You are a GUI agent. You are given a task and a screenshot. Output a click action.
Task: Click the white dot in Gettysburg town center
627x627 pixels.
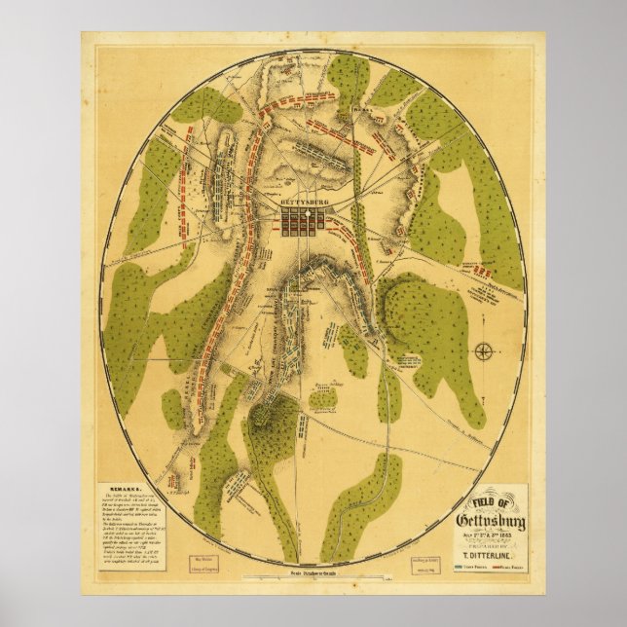pos(305,213)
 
